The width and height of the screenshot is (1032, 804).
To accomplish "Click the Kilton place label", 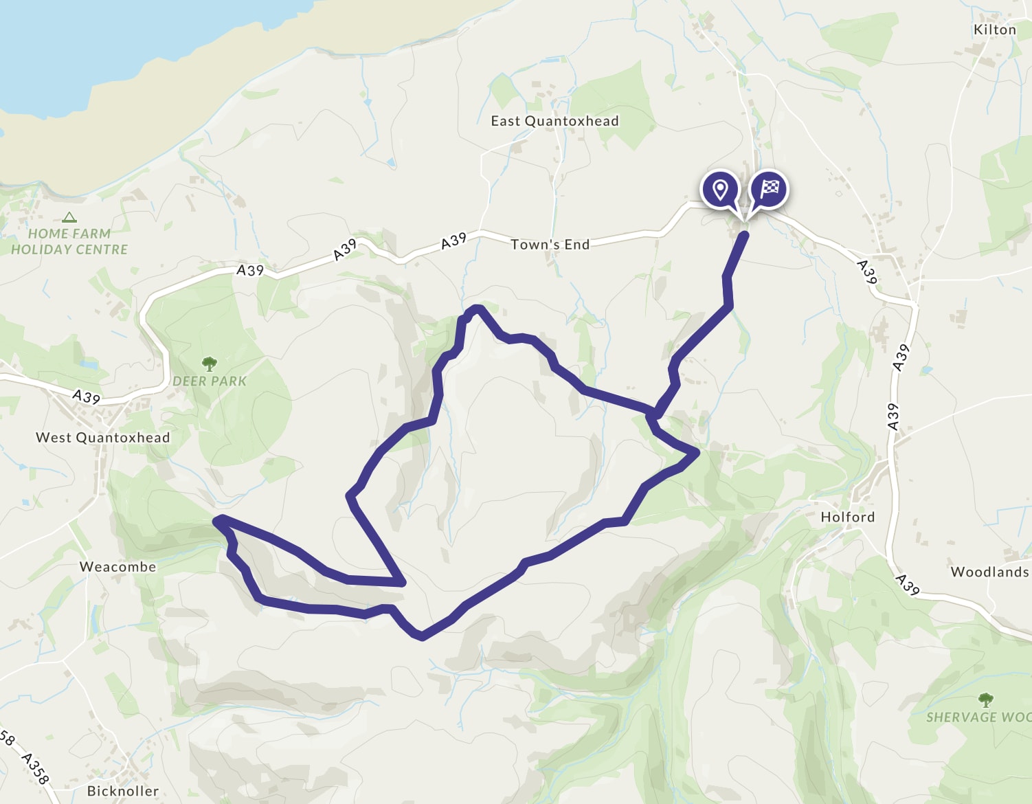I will (x=994, y=30).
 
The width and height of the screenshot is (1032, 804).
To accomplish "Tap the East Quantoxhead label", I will (x=554, y=121).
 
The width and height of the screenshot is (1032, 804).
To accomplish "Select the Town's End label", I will (x=550, y=245).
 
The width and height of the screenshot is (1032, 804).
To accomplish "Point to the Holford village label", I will (x=848, y=517).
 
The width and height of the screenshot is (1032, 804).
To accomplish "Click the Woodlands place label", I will (x=989, y=572).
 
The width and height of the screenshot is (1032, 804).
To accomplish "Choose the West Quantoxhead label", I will (x=102, y=438).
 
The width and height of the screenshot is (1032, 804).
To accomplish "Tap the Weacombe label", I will (x=117, y=567).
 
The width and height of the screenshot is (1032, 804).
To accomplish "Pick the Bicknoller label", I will (x=122, y=791).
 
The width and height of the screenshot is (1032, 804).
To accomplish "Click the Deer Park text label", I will (x=210, y=381).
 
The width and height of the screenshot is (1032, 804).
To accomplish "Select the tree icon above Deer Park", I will (x=209, y=363).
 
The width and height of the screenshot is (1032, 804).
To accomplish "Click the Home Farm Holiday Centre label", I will (x=69, y=242).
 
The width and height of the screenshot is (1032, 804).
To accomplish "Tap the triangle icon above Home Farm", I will (x=69, y=218).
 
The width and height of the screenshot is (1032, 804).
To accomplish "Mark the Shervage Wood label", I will (x=978, y=717).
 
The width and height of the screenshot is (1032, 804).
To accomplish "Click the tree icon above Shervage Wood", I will (x=986, y=700).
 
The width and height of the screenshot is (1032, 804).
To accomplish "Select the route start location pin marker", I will (x=720, y=188).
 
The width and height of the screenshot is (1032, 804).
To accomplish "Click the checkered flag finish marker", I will (x=770, y=188).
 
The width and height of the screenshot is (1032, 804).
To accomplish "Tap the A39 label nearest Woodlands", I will (x=908, y=584).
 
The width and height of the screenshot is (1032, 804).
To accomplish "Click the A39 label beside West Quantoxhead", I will (x=87, y=397).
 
